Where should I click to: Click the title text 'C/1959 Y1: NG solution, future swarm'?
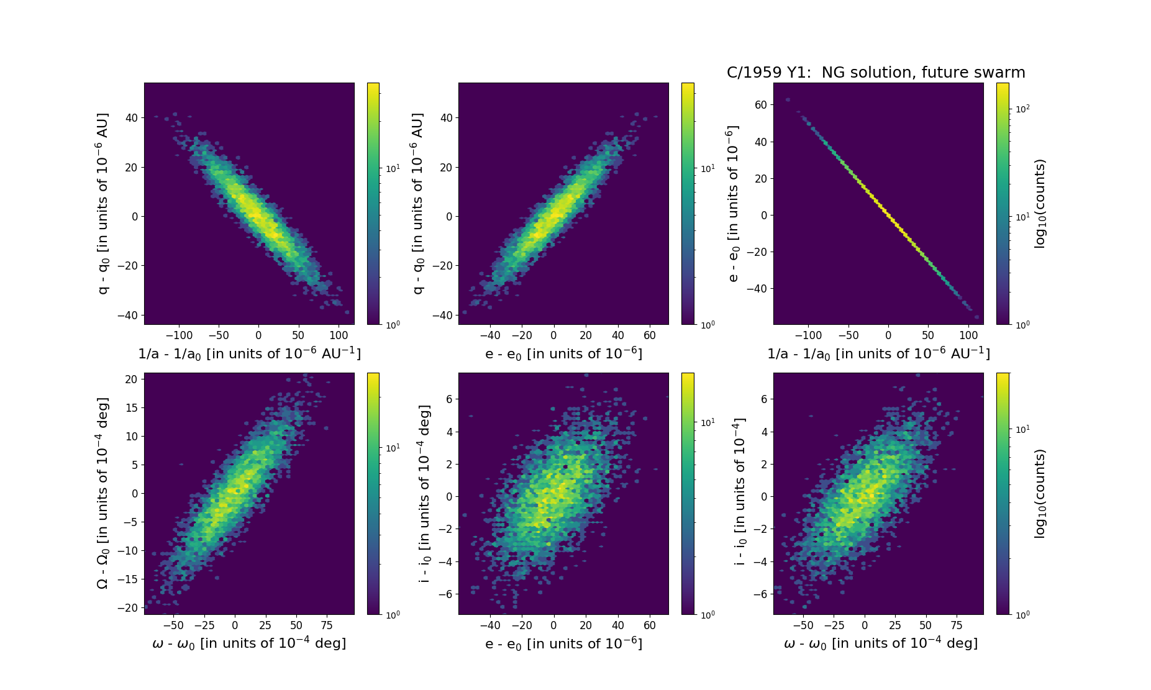pyautogui.click(x=876, y=73)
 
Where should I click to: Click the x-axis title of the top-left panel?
pyautogui.click(x=249, y=353)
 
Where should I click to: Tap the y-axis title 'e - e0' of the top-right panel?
pyautogui.click(x=733, y=204)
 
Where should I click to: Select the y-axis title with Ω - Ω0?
pyautogui.click(x=103, y=493)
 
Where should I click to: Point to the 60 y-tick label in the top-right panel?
pyautogui.click(x=760, y=105)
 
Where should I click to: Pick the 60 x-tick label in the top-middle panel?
pyautogui.click(x=650, y=335)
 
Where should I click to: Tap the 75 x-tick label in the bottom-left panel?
pyautogui.click(x=327, y=625)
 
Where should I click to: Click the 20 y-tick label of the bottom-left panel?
pyautogui.click(x=130, y=379)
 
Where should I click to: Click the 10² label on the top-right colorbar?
pyautogui.click(x=1022, y=109)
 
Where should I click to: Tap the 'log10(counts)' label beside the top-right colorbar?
pyautogui.click(x=1040, y=204)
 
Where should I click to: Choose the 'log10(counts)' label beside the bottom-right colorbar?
pyautogui.click(x=1040, y=494)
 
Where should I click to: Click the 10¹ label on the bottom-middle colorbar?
pyautogui.click(x=707, y=422)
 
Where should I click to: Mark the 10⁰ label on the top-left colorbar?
pyautogui.click(x=393, y=324)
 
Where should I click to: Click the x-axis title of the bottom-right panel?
pyautogui.click(x=881, y=643)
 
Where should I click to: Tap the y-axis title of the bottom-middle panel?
pyautogui.click(x=425, y=494)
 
